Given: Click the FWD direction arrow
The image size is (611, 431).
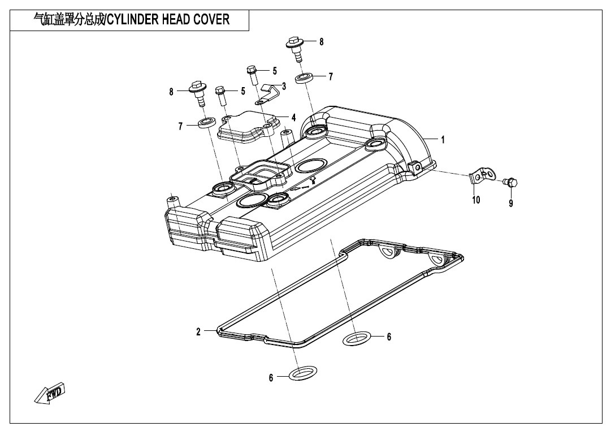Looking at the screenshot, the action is point(50,392).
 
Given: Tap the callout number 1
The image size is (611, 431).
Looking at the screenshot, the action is point(443,139).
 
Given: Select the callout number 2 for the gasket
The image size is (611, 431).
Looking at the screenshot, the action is point(198,332).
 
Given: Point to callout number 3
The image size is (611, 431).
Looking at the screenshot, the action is point(284,86).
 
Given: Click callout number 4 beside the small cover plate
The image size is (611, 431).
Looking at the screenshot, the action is point(293,117).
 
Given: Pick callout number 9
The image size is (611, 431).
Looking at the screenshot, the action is point(511,203).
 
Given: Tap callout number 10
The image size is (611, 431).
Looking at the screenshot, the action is point(476,200).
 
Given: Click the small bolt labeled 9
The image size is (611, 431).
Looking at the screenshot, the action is point(510,182).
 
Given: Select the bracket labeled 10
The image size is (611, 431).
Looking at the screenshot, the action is point(482,176).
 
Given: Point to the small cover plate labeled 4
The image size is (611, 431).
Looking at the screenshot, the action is point(248,126).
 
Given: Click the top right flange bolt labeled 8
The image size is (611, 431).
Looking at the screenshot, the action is point(296,49).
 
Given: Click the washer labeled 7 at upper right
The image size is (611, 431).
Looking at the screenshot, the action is point(305,77).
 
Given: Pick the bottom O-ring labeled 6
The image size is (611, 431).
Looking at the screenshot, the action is point(303,373).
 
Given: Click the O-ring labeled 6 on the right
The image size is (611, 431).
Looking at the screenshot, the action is point(357,338).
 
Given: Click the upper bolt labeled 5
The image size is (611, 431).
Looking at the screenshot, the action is point(252,75).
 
